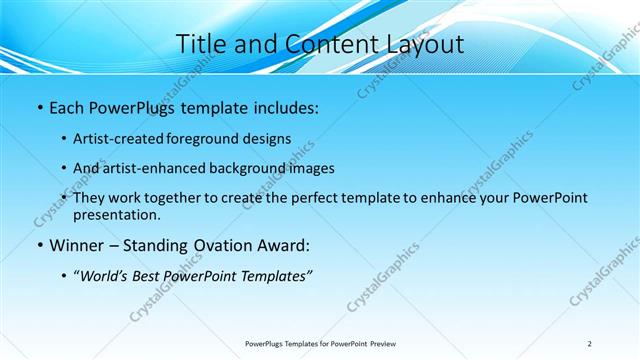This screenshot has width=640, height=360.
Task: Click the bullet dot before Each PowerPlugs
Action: pyautogui.click(x=38, y=105)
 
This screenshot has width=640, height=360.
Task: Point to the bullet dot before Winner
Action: pyautogui.click(x=38, y=245)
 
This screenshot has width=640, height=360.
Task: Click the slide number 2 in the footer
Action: pyautogui.click(x=590, y=343)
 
